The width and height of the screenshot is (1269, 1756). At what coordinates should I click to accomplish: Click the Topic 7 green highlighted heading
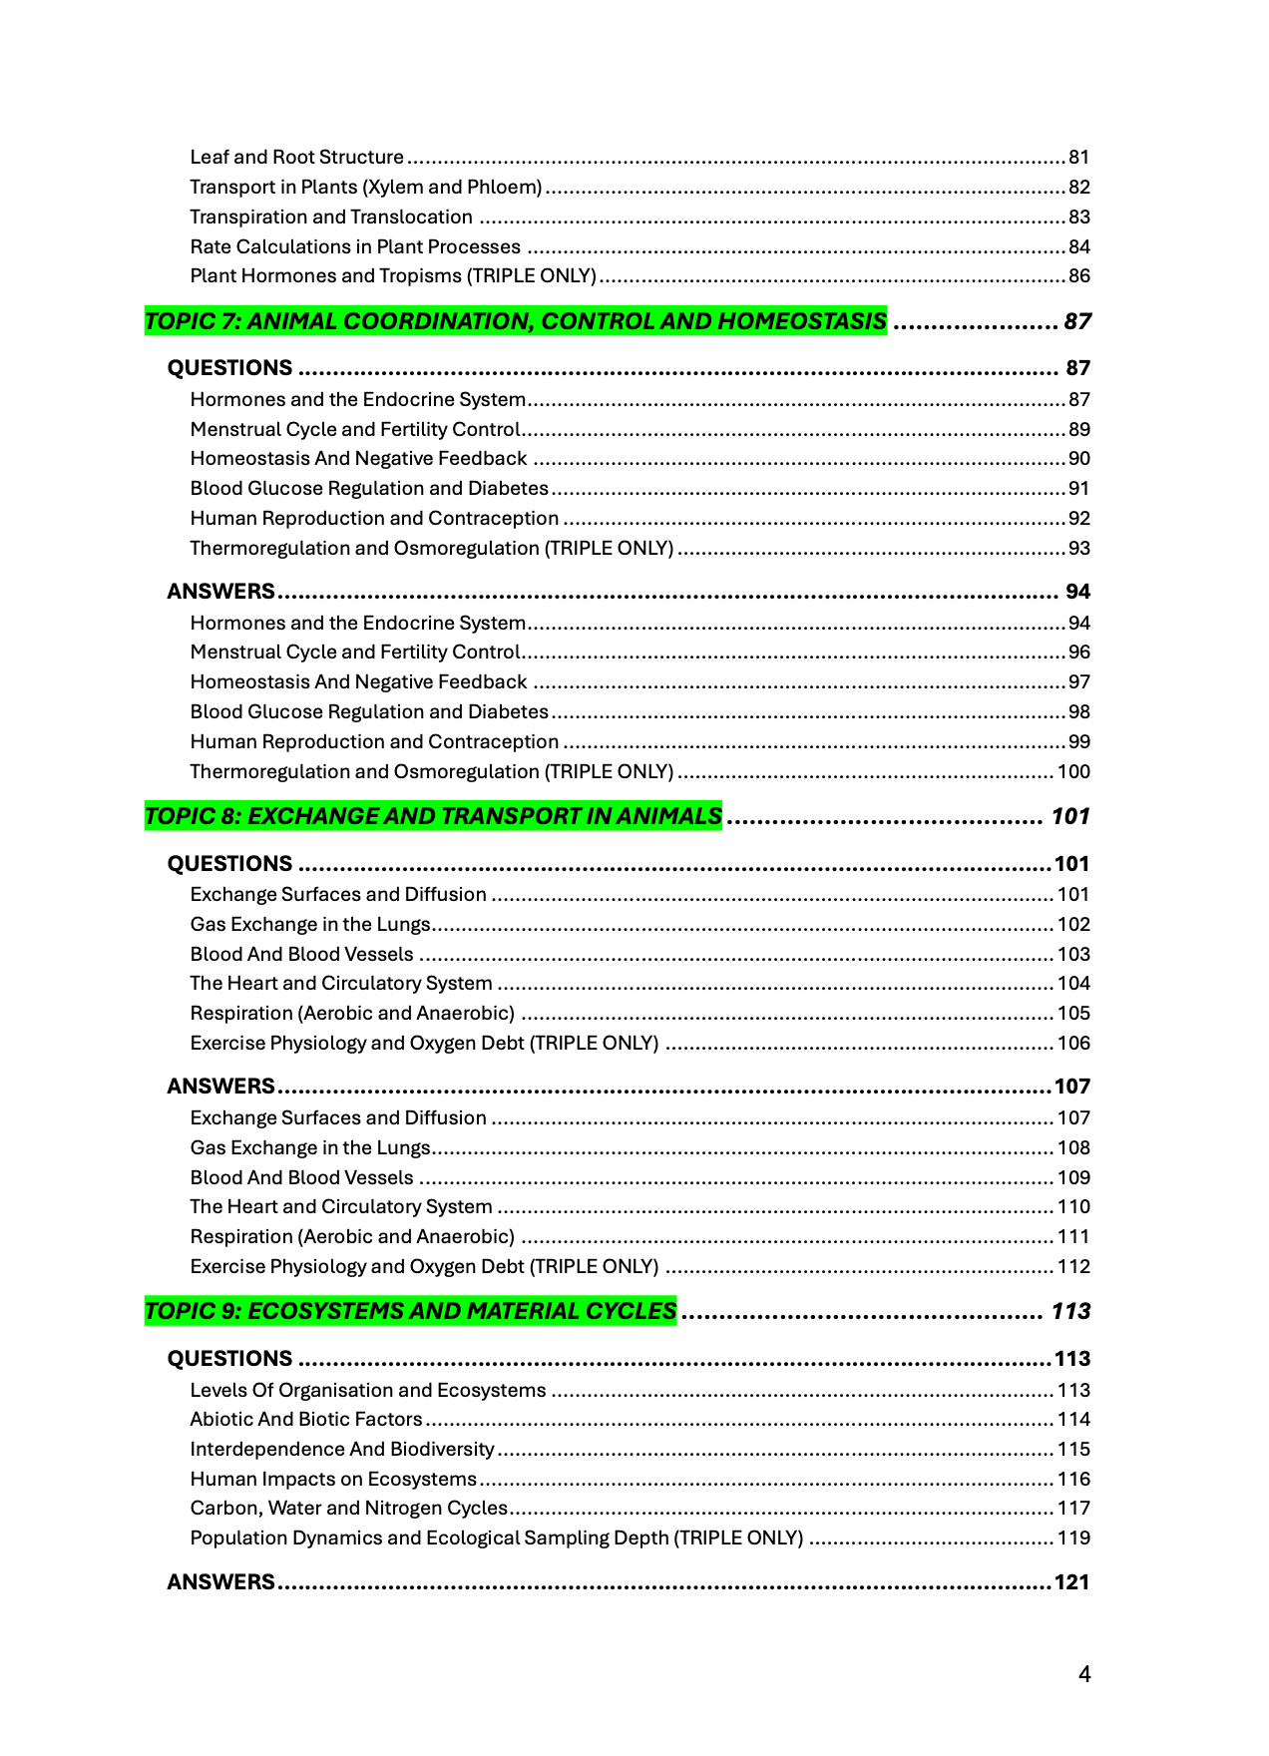pyautogui.click(x=515, y=321)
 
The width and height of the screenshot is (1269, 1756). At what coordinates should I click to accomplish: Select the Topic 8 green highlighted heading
pyautogui.click(x=433, y=816)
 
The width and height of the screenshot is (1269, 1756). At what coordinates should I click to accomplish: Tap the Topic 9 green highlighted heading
pyautogui.click(x=410, y=1311)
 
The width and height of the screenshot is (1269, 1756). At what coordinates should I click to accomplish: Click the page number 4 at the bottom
pyautogui.click(x=1084, y=1674)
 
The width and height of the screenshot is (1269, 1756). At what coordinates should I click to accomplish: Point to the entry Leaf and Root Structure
pyautogui.click(x=296, y=158)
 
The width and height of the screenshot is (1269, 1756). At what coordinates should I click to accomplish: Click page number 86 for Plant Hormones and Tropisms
pyautogui.click(x=1078, y=276)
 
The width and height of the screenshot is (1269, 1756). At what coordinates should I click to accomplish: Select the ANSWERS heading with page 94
pyautogui.click(x=220, y=592)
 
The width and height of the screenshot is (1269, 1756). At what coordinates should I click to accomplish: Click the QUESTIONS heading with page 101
pyautogui.click(x=229, y=864)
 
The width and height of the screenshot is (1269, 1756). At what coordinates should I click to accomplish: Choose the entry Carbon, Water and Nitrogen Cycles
pyautogui.click(x=348, y=1509)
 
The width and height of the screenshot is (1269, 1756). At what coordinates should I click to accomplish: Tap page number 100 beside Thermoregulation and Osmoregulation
pyautogui.click(x=1073, y=772)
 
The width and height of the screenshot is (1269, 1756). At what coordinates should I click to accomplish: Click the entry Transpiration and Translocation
pyautogui.click(x=331, y=218)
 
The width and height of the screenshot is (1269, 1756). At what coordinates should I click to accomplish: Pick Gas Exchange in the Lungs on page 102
pyautogui.click(x=309, y=925)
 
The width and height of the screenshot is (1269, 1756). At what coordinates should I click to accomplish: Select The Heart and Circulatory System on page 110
pyautogui.click(x=340, y=1207)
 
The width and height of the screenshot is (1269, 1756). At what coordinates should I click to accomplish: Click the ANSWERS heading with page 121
pyautogui.click(x=220, y=1582)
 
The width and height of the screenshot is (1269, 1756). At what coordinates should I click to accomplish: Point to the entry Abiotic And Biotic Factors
pyautogui.click(x=306, y=1420)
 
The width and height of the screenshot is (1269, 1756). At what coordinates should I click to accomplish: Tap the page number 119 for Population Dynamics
pyautogui.click(x=1073, y=1538)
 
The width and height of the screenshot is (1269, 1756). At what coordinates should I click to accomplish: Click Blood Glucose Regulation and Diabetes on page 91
pyautogui.click(x=369, y=489)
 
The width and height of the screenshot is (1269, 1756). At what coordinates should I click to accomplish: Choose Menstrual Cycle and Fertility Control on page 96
pyautogui.click(x=355, y=653)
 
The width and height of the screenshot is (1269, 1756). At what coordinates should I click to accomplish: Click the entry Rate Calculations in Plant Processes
pyautogui.click(x=355, y=247)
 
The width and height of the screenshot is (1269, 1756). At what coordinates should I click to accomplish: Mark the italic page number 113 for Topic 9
pyautogui.click(x=1070, y=1311)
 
